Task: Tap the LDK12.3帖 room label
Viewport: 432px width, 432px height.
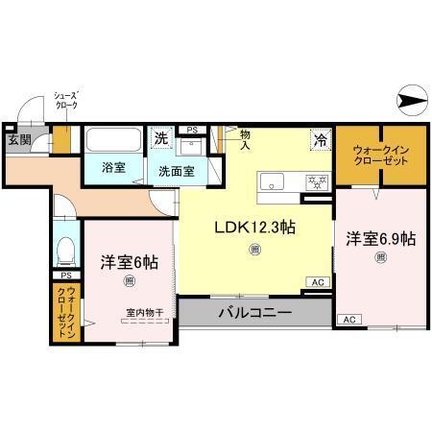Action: [253, 228]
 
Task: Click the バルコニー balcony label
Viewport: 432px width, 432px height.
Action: [253, 312]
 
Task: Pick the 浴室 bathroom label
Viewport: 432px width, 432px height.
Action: [114, 167]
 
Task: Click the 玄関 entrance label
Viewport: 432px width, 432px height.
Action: [19, 140]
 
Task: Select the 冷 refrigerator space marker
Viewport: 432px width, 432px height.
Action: [319, 138]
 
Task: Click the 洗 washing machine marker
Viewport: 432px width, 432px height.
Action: [162, 138]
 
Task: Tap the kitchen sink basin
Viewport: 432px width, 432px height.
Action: [273, 180]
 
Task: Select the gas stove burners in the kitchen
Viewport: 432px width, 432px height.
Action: [314, 180]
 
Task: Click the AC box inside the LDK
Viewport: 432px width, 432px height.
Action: [317, 281]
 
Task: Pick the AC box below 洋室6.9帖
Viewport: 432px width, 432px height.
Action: [348, 319]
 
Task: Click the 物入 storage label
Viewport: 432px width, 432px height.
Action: [245, 140]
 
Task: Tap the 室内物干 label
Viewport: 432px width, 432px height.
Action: [142, 312]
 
